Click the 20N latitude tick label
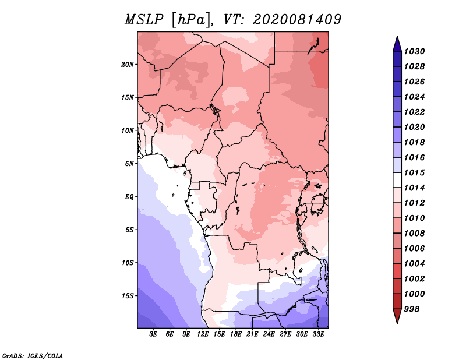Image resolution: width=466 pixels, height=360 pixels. (128, 64)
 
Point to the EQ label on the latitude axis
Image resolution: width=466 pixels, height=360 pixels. (129, 197)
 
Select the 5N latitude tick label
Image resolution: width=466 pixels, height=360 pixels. (129, 164)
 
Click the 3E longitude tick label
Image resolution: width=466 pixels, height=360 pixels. (153, 334)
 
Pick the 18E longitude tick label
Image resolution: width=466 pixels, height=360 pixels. (236, 334)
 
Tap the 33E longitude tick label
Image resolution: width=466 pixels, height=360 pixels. (318, 334)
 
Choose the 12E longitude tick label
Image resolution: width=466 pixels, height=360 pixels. (203, 334)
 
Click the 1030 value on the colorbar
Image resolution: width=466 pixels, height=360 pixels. (414, 51)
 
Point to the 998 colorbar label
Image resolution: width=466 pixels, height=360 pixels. (412, 309)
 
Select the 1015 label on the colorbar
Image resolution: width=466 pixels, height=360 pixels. (414, 172)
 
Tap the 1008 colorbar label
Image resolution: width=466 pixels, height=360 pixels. (414, 234)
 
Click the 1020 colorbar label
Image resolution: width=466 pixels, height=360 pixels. (414, 127)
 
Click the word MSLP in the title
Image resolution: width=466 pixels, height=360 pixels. (144, 20)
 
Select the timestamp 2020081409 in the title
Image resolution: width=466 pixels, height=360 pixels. (297, 20)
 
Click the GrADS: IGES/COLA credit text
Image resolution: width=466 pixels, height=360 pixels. (33, 356)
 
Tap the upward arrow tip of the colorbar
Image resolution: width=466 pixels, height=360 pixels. (397, 36)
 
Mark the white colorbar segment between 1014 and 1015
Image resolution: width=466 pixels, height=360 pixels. (397, 180)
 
